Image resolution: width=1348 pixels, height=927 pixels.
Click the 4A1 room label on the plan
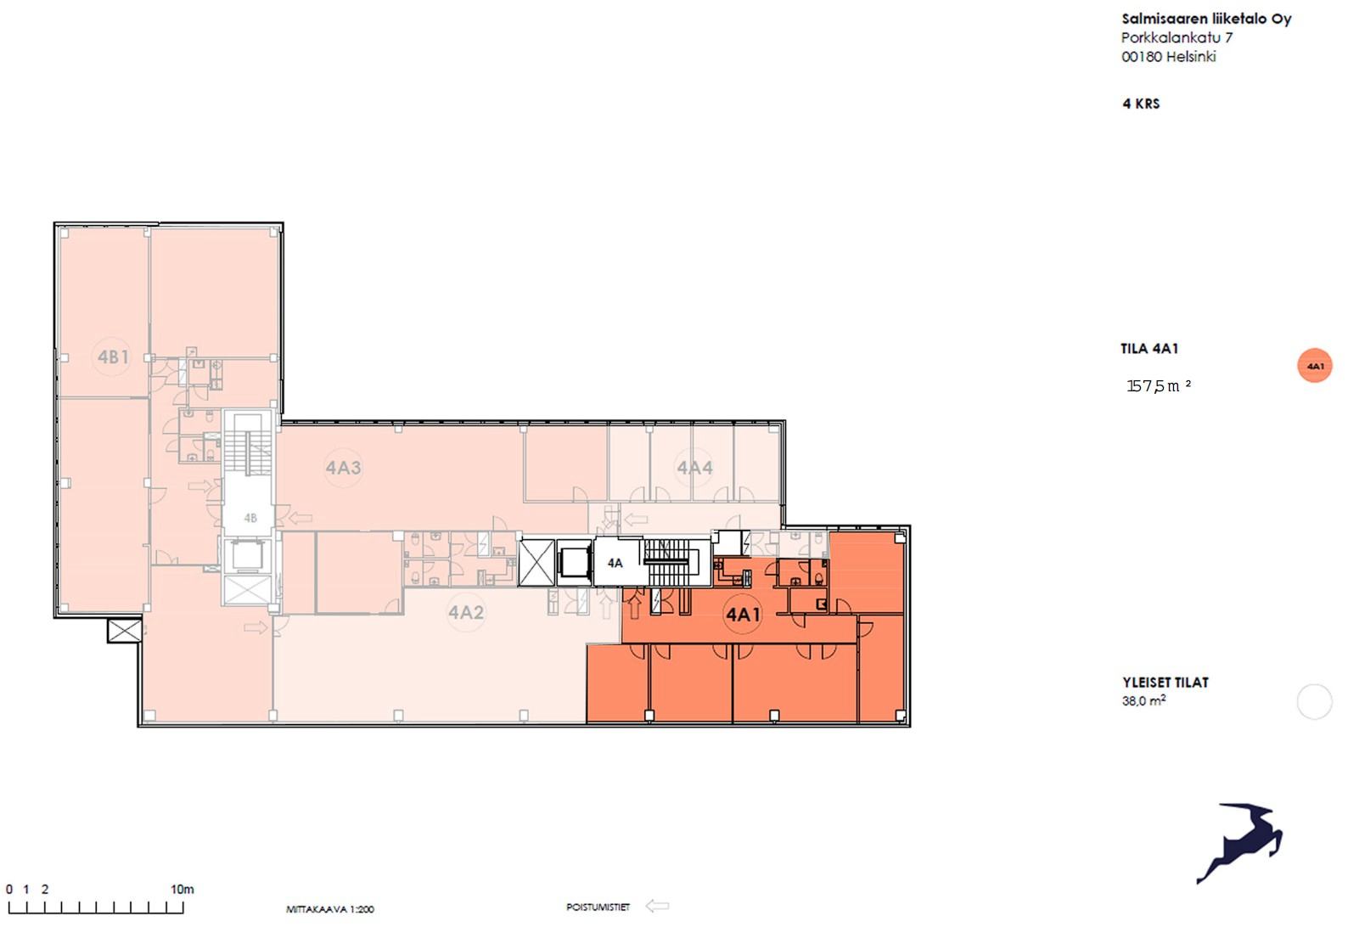click(x=744, y=615)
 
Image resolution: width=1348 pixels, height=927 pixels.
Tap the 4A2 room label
click(x=466, y=613)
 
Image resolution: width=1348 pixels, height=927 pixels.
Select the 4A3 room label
click(x=343, y=467)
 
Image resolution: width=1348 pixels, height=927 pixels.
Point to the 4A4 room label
click(x=695, y=467)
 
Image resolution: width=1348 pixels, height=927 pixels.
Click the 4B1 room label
click(x=113, y=357)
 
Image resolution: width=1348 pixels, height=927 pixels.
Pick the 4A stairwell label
click(x=615, y=564)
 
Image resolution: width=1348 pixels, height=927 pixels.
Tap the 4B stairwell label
click(x=250, y=518)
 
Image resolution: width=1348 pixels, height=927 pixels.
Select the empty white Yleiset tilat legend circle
click(x=1314, y=701)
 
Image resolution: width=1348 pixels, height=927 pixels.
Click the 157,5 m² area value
click(x=1159, y=386)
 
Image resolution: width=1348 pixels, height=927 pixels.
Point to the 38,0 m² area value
click(x=1143, y=700)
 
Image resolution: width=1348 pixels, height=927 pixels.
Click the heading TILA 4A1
click(x=1149, y=349)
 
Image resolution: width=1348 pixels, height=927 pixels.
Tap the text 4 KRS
click(x=1141, y=104)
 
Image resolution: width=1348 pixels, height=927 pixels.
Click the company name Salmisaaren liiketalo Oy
click(x=1206, y=20)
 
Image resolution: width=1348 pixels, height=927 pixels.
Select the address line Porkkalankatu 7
click(x=1177, y=38)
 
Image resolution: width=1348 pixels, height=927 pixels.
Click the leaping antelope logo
click(x=1239, y=843)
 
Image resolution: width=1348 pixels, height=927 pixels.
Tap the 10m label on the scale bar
click(x=182, y=889)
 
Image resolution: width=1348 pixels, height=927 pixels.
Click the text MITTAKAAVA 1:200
click(x=329, y=909)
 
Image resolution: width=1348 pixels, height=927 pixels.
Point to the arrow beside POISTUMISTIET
click(x=657, y=906)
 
